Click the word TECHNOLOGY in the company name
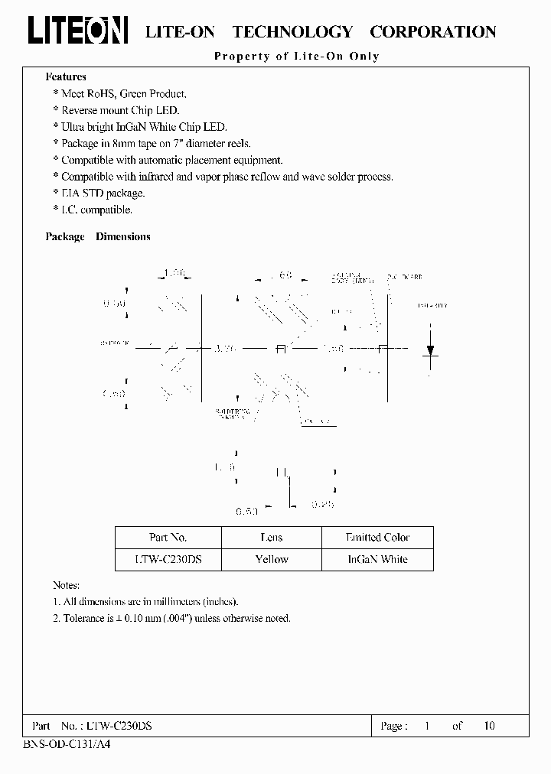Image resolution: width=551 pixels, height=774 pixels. [292, 32]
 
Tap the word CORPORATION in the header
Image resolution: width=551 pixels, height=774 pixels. [432, 32]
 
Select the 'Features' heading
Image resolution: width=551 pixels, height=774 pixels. [66, 76]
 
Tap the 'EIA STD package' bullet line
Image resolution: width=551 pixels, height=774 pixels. [103, 193]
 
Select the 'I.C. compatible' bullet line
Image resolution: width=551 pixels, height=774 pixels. [96, 210]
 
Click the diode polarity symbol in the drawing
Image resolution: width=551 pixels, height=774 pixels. [431, 350]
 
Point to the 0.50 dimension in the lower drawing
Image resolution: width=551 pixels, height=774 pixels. [247, 509]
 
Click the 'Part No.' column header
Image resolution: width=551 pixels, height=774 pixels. [168, 538]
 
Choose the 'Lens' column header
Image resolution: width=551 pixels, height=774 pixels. [272, 538]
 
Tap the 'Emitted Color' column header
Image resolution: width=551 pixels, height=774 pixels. [377, 538]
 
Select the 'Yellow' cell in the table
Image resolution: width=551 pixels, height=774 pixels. [272, 559]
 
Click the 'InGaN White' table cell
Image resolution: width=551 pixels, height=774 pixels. [377, 559]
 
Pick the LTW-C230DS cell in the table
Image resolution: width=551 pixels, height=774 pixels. [168, 559]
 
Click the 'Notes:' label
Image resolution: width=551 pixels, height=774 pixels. [67, 584]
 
